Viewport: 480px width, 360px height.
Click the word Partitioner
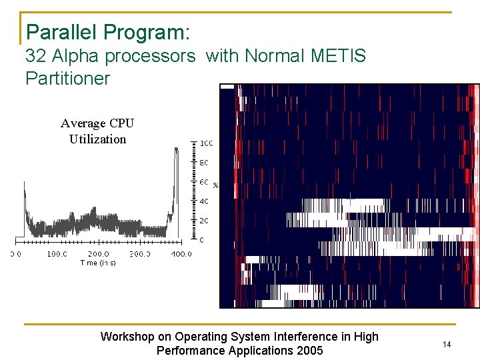coord(67,78)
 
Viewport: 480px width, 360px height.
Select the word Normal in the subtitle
coord(274,56)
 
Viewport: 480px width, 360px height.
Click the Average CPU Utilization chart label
coord(97,131)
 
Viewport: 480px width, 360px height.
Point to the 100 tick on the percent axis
coord(206,143)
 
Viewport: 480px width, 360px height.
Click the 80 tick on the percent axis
coord(205,163)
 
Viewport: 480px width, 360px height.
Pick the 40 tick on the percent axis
coord(205,201)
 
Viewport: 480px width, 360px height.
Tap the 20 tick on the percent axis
coord(205,220)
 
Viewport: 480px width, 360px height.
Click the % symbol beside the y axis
coord(215,185)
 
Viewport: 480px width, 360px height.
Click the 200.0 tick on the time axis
coord(98,254)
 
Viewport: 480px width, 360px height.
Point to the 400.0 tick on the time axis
coord(181,254)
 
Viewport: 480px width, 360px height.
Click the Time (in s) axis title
coord(98,263)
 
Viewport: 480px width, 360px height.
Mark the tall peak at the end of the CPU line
coord(176,151)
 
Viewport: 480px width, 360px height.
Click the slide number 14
coord(447,344)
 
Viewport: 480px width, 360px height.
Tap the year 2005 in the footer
coord(307,351)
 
